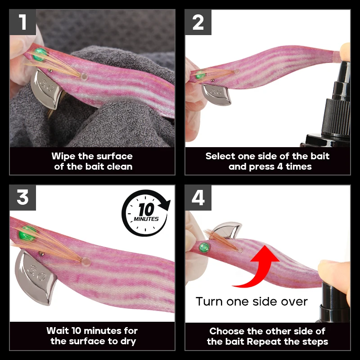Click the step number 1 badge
[x=23, y=22]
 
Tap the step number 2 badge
[x=198, y=22]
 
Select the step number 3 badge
[x=23, y=198]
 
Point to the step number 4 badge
[x=198, y=198]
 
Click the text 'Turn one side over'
[x=252, y=301]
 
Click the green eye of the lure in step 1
[x=40, y=54]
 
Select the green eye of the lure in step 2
[x=200, y=75]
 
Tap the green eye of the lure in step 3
[x=27, y=234]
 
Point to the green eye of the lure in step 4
[x=204, y=247]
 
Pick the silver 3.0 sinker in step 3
[x=36, y=277]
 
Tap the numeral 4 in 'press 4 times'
[x=279, y=166]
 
